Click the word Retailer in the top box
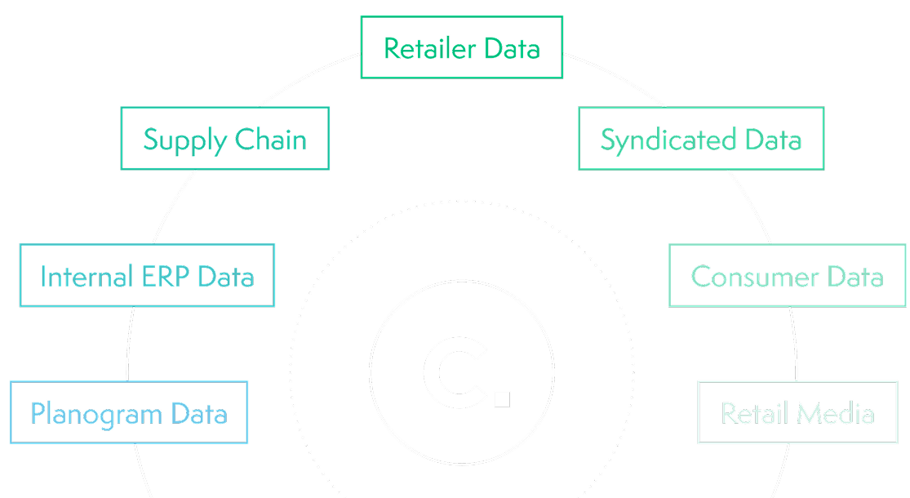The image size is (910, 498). click(430, 48)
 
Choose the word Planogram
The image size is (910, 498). click(96, 414)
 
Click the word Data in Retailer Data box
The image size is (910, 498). click(512, 48)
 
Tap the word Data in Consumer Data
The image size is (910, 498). click(855, 276)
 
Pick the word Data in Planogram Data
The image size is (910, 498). click(198, 413)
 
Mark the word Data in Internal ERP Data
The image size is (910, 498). click(226, 276)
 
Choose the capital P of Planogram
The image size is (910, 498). click(38, 413)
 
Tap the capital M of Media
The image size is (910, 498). click(812, 413)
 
